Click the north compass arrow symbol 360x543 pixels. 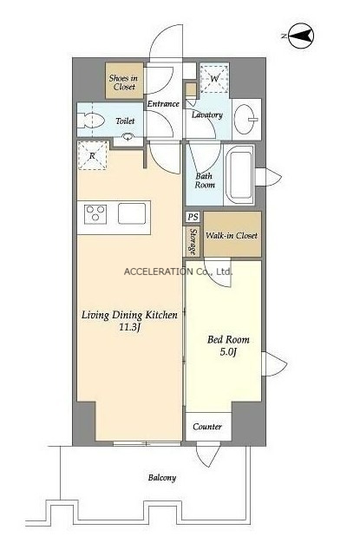pos(301,36)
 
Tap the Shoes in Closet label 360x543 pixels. pos(123,82)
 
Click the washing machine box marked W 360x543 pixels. pos(214,79)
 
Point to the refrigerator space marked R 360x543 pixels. pos(92,155)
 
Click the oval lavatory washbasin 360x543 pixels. pos(246,120)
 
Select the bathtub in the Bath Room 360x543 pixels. pos(239,175)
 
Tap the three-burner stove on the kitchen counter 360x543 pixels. pos(95,214)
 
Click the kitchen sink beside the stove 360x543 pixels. pos(132,213)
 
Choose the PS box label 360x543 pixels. pos(193,217)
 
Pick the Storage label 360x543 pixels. pos(193,242)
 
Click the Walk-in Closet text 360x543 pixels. pos(232,235)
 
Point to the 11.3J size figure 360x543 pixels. pos(129,327)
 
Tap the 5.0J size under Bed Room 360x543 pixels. pos(228,352)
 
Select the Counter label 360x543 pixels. pos(207,427)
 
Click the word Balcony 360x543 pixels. pos(162,478)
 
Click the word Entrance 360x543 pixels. pos(163,103)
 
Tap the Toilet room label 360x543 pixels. pos(125,121)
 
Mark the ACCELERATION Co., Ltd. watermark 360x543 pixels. pos(178,271)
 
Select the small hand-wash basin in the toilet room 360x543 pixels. pos(128,136)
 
